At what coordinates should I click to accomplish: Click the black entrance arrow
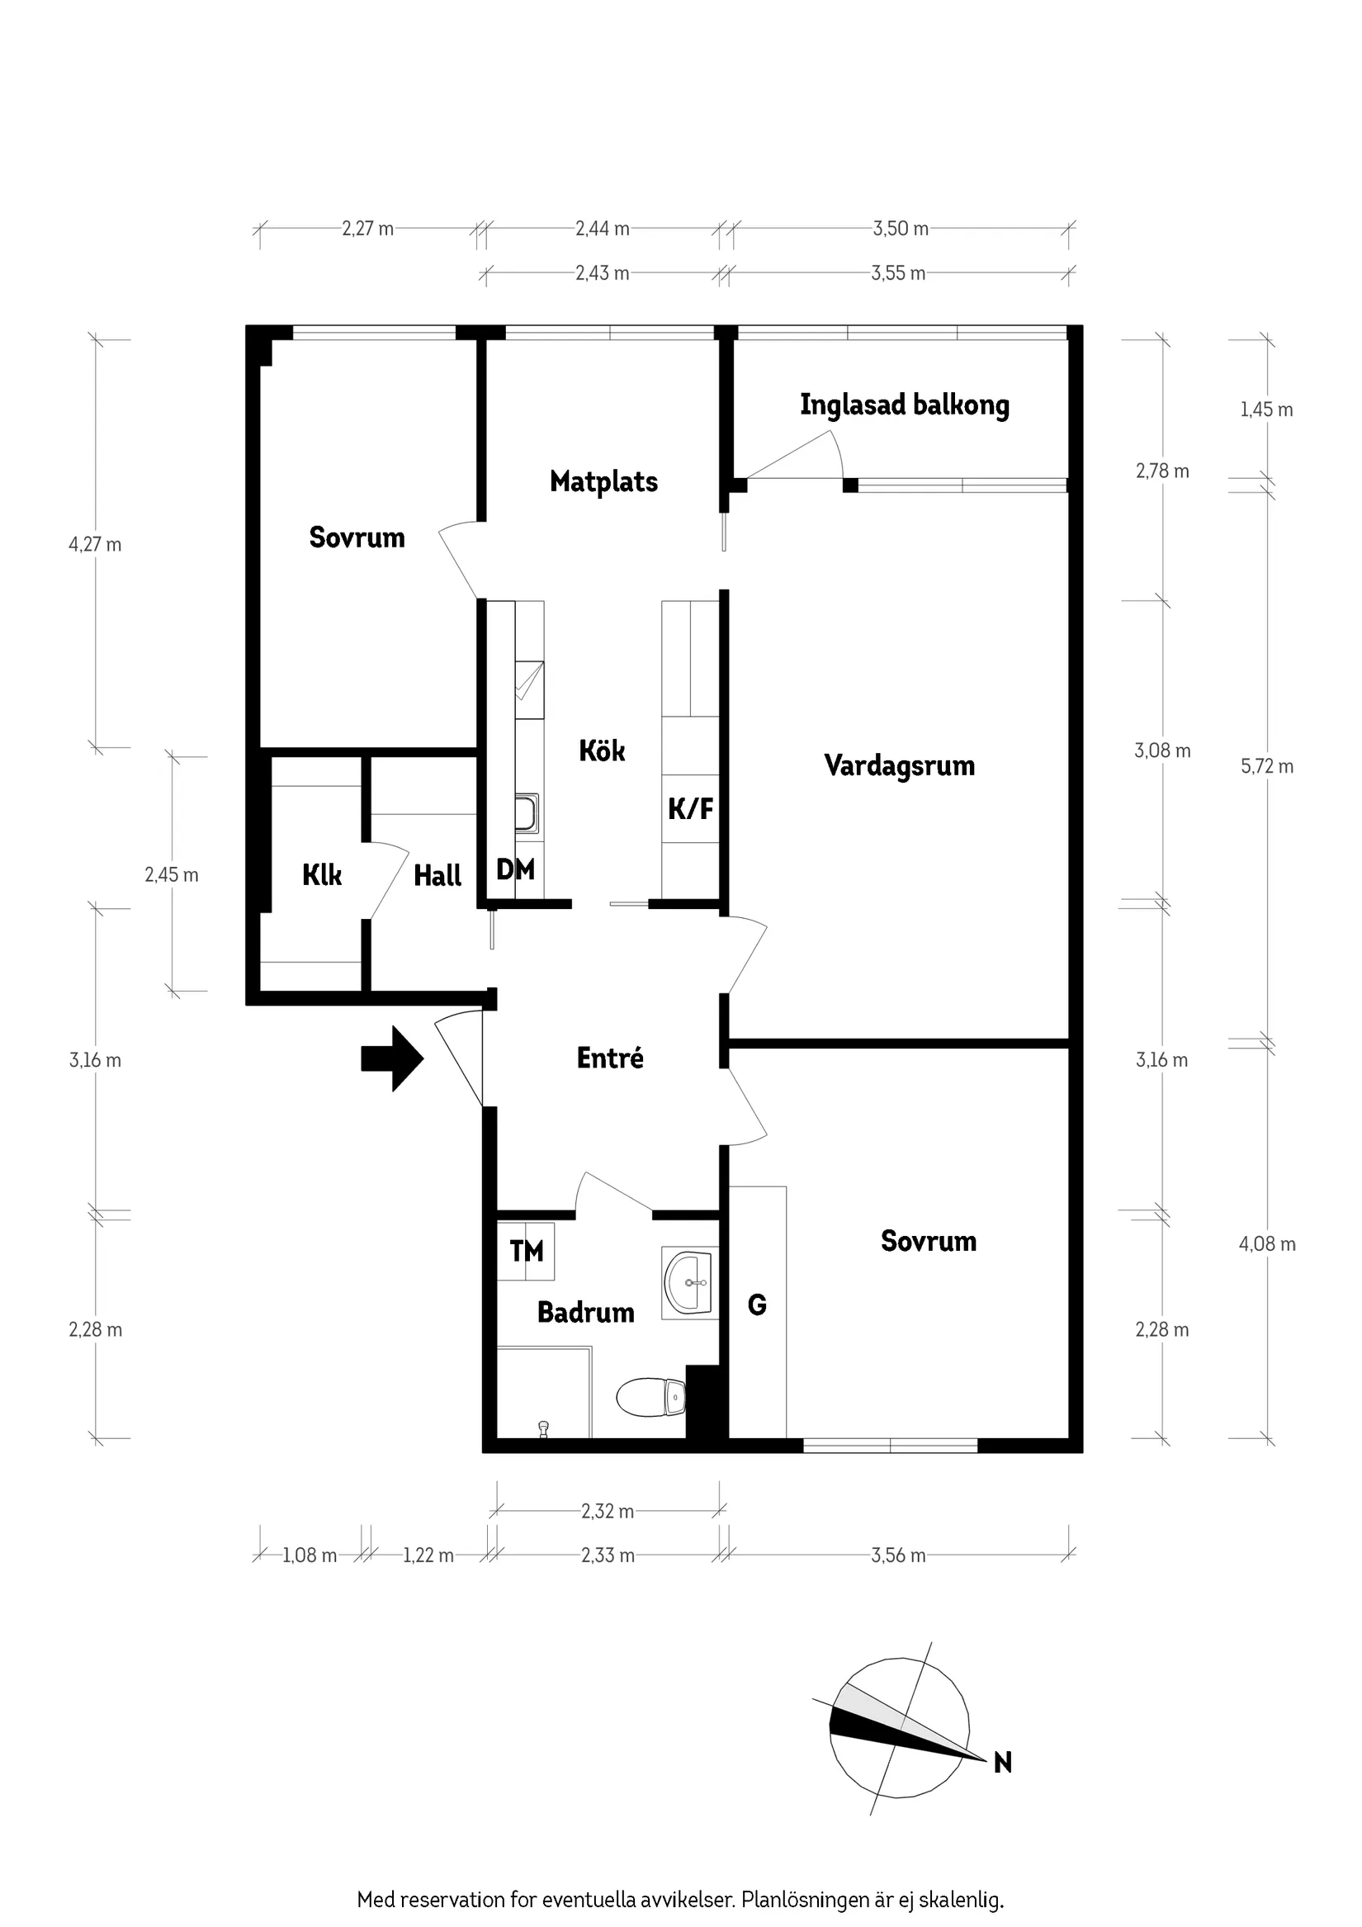392,1058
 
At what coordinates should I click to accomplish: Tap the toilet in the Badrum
651,1397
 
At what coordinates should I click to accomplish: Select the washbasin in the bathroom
689,1282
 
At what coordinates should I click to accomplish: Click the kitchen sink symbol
527,812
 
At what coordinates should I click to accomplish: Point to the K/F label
691,809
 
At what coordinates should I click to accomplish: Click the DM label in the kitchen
515,869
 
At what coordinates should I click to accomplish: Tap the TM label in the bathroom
526,1252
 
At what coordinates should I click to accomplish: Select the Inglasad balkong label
904,405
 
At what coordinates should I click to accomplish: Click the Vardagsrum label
899,765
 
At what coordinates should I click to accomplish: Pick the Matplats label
603,482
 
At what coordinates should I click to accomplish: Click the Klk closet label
321,875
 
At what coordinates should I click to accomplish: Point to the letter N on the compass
1002,1763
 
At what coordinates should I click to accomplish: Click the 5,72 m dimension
1266,766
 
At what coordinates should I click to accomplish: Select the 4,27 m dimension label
95,545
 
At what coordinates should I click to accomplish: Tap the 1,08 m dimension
309,1555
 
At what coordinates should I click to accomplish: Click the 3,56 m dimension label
898,1555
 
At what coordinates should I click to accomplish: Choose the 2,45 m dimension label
171,874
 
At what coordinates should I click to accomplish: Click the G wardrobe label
756,1304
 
